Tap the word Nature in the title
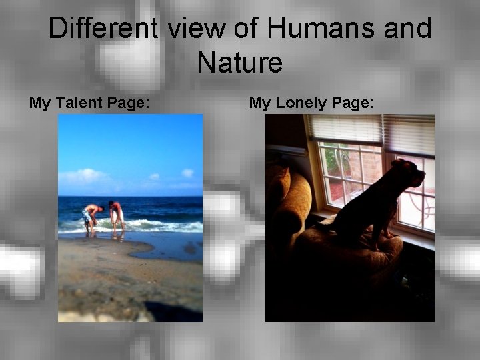pos(240,63)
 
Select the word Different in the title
pos(103,29)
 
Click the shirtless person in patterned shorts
pos(90,217)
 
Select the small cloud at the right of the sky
pos(187,173)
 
